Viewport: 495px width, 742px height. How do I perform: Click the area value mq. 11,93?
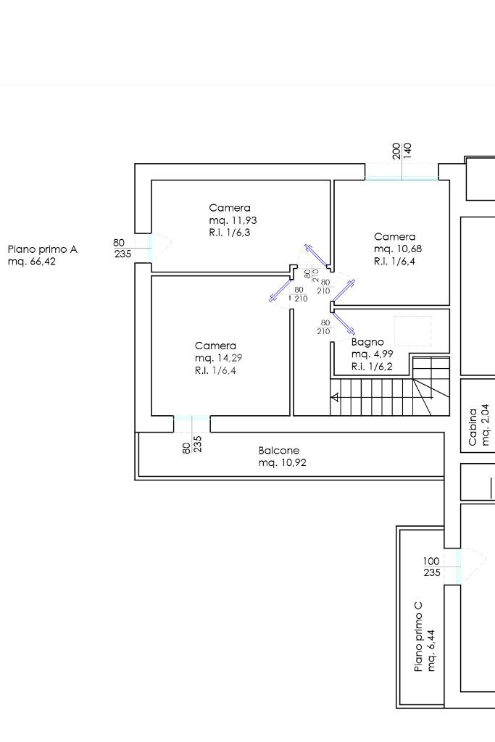tap(233, 220)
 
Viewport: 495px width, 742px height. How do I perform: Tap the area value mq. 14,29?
tap(218, 358)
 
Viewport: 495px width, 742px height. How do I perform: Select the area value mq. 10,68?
tap(397, 249)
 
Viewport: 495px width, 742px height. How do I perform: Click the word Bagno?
tap(367, 342)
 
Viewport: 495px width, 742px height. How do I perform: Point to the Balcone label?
tap(279, 451)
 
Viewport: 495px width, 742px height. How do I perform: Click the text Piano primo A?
tap(43, 249)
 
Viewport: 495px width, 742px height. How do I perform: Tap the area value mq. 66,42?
tap(32, 262)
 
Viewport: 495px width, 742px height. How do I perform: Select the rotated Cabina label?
tap(473, 427)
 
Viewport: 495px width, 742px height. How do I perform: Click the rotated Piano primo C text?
tap(418, 636)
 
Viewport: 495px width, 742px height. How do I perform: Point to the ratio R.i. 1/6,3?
tap(230, 233)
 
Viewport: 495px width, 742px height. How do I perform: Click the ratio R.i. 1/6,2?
tap(372, 367)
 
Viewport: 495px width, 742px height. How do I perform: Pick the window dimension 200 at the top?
tap(396, 151)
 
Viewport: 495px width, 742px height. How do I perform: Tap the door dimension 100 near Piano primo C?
tap(431, 562)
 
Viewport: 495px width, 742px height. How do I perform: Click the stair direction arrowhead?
tap(335, 398)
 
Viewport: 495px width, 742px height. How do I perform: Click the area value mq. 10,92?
tap(282, 463)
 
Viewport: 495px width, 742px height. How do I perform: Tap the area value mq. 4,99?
tap(372, 354)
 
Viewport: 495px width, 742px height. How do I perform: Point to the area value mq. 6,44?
tap(431, 650)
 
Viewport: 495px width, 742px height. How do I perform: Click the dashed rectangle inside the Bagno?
tap(413, 332)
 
